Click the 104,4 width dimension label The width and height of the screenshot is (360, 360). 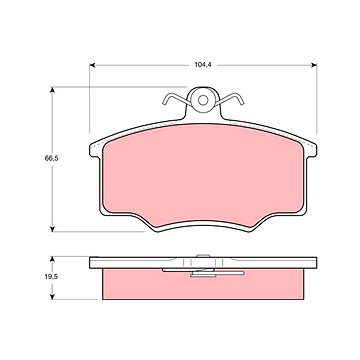[x=203, y=65]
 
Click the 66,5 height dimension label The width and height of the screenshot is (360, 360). [x=52, y=158]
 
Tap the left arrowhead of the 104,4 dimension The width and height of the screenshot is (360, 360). [x=92, y=65]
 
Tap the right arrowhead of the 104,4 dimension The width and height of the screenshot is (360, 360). [x=314, y=65]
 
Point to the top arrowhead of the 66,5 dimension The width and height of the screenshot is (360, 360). [x=52, y=90]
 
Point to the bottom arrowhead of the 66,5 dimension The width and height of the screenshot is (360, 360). [x=52, y=229]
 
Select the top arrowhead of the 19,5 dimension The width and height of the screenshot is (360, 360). [x=52, y=259]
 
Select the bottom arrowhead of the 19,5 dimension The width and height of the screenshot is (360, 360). [x=52, y=296]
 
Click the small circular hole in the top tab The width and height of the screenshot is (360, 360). [x=203, y=100]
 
